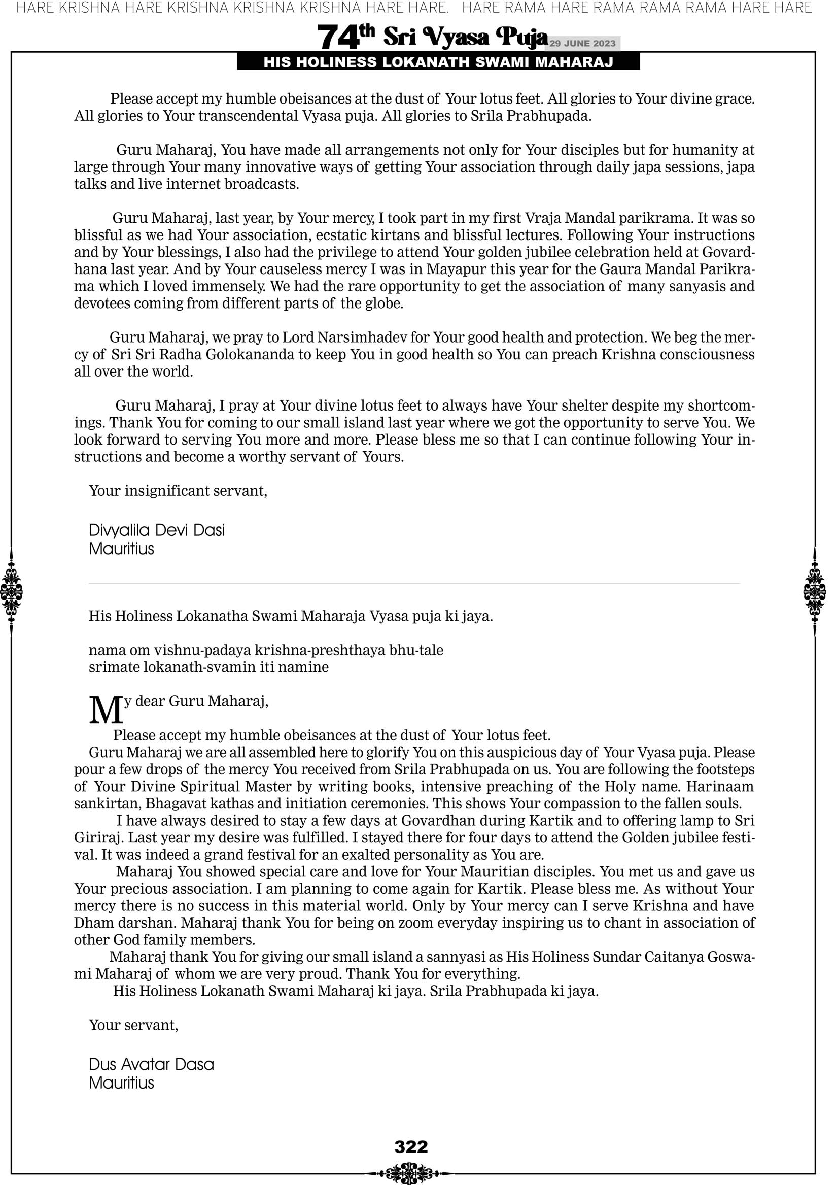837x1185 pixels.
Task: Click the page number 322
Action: pyautogui.click(x=411, y=1146)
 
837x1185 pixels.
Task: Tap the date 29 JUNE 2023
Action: pyautogui.click(x=582, y=43)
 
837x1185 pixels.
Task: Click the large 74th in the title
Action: pyautogui.click(x=345, y=38)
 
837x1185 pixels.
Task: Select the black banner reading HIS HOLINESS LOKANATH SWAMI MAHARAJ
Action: pyautogui.click(x=438, y=62)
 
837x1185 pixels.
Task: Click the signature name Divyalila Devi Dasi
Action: pyautogui.click(x=157, y=530)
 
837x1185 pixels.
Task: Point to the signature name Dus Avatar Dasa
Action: pyautogui.click(x=151, y=1064)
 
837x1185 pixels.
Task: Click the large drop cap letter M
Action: pyautogui.click(x=106, y=710)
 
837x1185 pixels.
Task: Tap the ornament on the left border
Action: pyautogui.click(x=11, y=591)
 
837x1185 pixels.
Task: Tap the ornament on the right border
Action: pyautogui.click(x=815, y=591)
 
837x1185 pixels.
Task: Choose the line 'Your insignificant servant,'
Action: pyautogui.click(x=178, y=490)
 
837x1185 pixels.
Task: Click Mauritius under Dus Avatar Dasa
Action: pyautogui.click(x=121, y=1082)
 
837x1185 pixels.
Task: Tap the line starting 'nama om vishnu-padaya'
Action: pyautogui.click(x=266, y=650)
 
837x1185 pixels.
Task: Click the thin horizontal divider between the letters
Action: pyautogui.click(x=414, y=584)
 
